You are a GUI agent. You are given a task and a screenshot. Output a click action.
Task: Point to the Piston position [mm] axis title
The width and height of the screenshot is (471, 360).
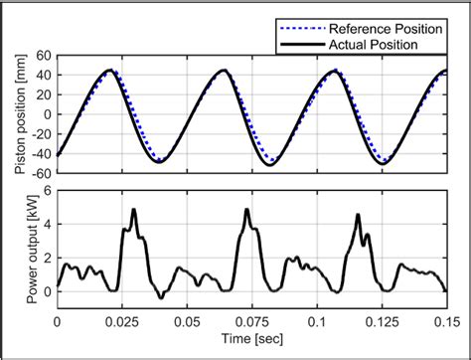coord(19,112)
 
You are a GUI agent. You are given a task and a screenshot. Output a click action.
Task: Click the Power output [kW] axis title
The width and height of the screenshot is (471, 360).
coord(19,246)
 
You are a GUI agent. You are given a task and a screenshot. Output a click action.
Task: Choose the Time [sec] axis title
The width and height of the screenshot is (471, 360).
coord(252,342)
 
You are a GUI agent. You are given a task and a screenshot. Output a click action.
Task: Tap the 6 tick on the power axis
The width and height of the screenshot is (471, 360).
coord(48,193)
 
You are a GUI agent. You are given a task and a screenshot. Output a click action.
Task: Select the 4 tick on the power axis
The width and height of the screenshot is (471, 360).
coord(48,225)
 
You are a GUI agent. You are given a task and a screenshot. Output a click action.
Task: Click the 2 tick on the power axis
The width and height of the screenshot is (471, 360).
coord(48,258)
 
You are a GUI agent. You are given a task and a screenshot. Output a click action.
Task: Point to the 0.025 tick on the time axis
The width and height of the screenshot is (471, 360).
coord(121,322)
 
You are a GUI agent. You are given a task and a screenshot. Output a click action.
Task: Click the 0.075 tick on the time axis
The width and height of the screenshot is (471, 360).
coord(251,322)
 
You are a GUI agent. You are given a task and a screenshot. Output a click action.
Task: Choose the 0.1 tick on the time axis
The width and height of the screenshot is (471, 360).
coord(317,322)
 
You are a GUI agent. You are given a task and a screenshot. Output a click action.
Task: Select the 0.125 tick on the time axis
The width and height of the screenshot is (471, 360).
coord(382,322)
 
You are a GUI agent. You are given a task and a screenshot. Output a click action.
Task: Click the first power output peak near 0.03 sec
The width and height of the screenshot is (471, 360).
coord(133,210)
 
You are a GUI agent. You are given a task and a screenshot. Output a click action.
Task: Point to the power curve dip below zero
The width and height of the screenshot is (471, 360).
coord(161,296)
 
